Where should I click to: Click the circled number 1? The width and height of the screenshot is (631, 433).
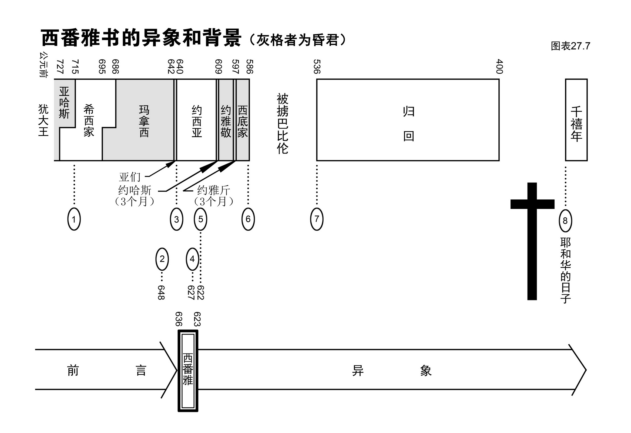(74, 219)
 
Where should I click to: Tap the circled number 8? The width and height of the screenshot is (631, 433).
(565, 221)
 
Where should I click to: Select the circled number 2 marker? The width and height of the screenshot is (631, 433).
(162, 259)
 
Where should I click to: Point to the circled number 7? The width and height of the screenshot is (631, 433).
(317, 219)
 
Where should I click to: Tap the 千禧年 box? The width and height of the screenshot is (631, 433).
(576, 120)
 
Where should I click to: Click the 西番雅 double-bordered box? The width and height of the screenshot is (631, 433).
(188, 371)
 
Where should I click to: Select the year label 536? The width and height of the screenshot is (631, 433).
(317, 67)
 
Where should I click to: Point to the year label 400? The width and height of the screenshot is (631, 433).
(499, 67)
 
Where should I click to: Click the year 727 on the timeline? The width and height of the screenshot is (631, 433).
(60, 67)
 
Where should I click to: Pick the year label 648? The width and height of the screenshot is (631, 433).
(161, 292)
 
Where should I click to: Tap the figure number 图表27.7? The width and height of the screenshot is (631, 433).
(570, 46)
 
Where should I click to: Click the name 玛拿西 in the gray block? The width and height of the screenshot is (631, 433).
(144, 121)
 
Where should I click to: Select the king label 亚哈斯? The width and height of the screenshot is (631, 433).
(64, 103)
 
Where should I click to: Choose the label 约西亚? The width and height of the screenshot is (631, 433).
(197, 121)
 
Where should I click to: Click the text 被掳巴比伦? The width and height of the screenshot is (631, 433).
(282, 124)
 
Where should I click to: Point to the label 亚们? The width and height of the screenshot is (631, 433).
(130, 177)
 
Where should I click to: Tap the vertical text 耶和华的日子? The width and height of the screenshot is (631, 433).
(565, 270)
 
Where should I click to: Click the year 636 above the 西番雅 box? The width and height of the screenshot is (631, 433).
(179, 319)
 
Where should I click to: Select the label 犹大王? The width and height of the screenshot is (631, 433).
(43, 120)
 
